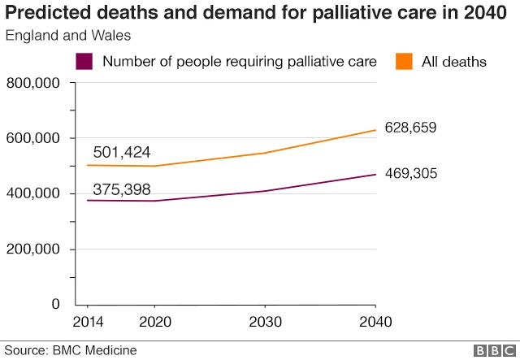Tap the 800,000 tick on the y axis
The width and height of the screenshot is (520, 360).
32,83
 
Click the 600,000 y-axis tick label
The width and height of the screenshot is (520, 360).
32,138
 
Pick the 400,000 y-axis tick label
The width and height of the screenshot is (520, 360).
32,193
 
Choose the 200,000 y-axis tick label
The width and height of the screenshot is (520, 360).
32,249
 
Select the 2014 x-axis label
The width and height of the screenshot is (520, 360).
89,322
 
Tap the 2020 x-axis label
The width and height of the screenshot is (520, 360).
154,322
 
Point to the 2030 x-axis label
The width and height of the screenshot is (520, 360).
265,322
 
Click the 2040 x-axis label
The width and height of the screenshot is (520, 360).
375,322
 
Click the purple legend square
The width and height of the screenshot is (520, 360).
84,62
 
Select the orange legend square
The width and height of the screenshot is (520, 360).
403,62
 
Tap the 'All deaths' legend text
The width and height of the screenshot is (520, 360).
454,62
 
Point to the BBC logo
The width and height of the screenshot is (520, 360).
492,350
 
